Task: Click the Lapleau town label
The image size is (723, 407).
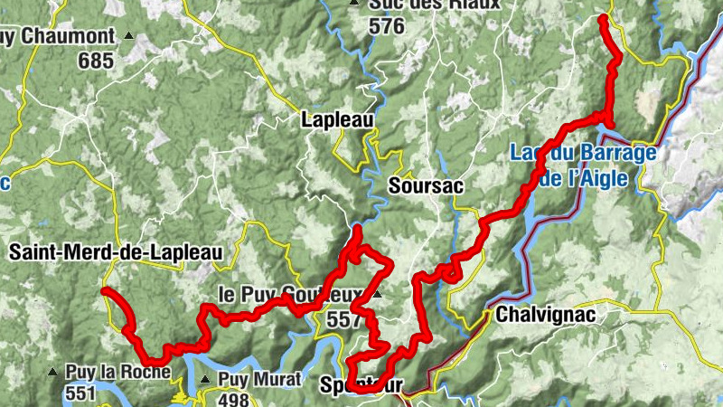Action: (x=336, y=119)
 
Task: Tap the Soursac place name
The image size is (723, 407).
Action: (x=426, y=185)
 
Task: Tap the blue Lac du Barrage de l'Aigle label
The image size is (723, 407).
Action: (x=583, y=166)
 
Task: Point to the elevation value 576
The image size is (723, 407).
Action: (x=386, y=26)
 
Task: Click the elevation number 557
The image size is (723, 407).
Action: (x=344, y=319)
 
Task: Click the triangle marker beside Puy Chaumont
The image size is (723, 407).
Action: (x=129, y=37)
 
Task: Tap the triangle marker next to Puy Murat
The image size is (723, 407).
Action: (x=206, y=380)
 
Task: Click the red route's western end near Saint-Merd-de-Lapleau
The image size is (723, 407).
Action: (x=105, y=290)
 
